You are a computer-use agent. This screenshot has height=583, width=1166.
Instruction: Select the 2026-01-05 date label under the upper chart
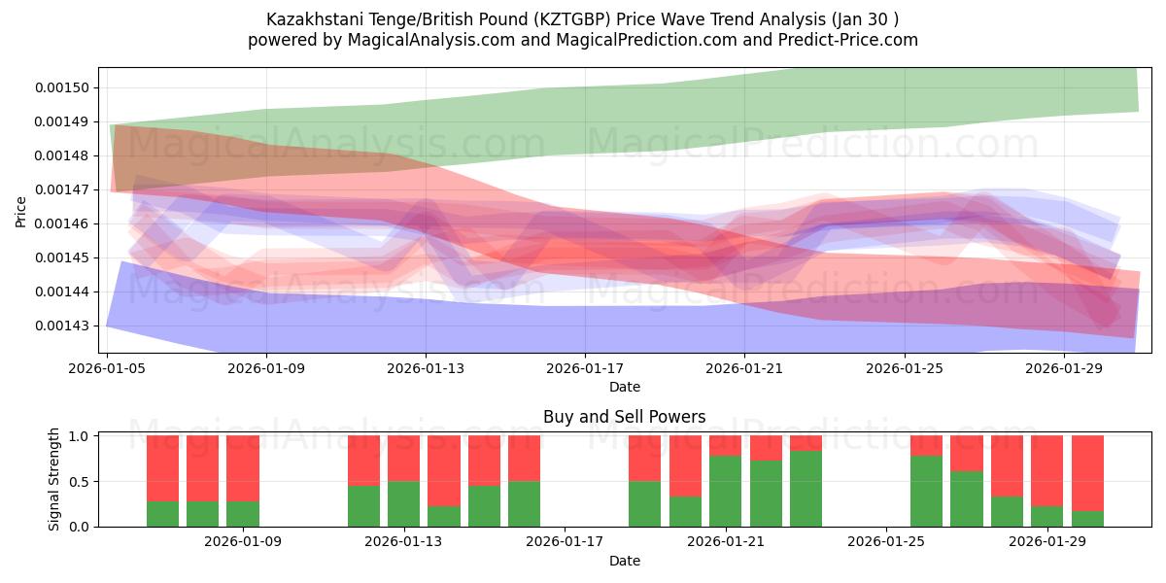pos(106,368)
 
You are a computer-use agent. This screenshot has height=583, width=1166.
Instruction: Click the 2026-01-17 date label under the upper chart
pos(585,368)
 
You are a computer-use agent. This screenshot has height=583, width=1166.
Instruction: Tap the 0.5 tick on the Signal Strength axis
pos(80,481)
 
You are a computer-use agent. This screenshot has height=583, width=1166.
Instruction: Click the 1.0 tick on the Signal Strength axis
pos(80,436)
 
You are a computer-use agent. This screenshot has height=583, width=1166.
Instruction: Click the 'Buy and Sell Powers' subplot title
pos(624,418)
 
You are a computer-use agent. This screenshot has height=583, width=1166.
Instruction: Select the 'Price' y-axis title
pos(21,210)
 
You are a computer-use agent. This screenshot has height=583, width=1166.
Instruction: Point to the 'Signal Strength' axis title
pos(54,479)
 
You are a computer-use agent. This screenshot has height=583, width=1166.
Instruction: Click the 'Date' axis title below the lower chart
pos(624,561)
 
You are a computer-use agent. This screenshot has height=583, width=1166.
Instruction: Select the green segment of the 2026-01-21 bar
pos(726,491)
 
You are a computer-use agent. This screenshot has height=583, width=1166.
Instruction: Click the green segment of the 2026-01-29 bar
pos(1047,516)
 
